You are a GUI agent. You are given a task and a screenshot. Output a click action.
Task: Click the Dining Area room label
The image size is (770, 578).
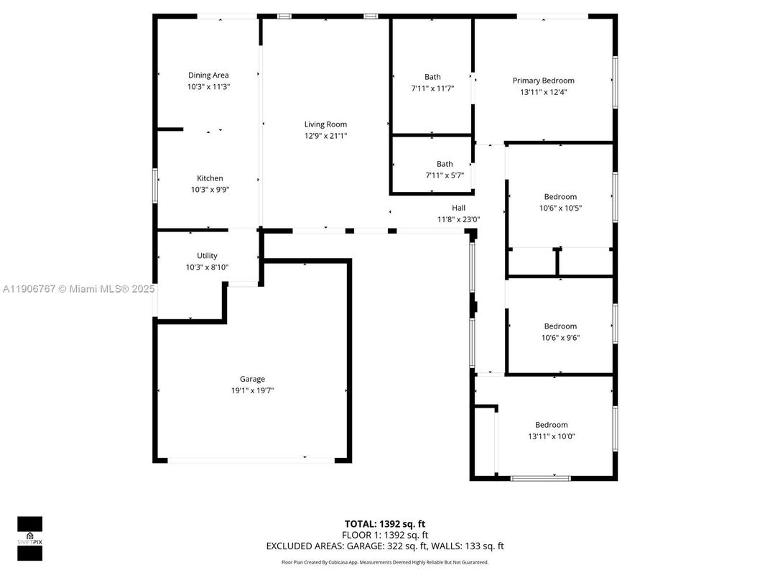pos(208,75)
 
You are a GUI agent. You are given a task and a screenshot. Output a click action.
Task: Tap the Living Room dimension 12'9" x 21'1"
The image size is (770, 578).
pos(325,136)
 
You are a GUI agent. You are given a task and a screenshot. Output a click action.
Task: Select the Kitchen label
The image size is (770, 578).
pos(210,178)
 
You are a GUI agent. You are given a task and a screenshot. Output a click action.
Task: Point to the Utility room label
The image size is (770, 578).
pos(207,256)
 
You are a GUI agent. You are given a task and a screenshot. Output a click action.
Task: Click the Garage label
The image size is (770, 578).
pos(252,379)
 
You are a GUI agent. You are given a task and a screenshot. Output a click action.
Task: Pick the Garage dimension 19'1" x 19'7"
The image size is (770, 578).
pos(252,390)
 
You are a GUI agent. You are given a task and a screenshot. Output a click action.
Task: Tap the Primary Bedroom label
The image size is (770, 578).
pos(543,81)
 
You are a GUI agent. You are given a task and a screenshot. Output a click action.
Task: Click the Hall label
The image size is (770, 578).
pos(458,208)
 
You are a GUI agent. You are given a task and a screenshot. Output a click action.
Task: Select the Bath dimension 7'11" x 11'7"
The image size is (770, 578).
pos(432,88)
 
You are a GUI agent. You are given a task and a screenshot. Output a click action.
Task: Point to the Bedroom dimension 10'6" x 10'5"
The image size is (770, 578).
pos(560,208)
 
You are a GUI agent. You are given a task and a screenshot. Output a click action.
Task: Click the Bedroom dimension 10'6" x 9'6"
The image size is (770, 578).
pos(560,337)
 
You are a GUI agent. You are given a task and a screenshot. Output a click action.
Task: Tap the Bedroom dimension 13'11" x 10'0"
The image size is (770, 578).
pos(551,436)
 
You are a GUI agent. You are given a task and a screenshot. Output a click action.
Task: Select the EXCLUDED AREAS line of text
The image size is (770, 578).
pos(385,546)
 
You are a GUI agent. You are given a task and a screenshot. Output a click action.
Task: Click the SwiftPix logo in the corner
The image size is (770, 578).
pos(29,538)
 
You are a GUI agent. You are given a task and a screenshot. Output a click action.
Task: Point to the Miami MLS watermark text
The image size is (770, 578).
pos(78,289)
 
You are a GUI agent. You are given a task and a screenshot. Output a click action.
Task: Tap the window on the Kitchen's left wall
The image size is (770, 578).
pos(154,185)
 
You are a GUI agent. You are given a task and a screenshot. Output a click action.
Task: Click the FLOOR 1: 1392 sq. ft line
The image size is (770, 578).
pos(385,535)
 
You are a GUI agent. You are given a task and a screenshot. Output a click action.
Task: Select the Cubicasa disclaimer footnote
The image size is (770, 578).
pos(385,562)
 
